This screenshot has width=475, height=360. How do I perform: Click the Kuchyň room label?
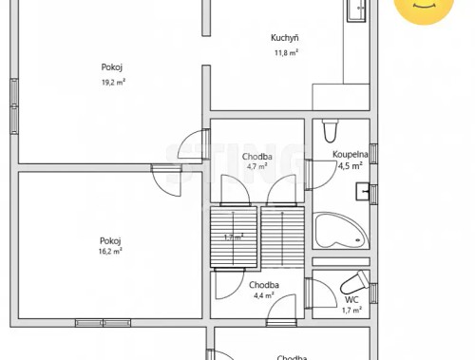(285, 38)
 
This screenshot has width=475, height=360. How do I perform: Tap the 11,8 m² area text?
(287, 53)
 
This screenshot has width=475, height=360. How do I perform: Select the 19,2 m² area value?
(114, 82)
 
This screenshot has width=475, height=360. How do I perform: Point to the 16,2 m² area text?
(110, 252)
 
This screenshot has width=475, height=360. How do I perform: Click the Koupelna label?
(351, 153)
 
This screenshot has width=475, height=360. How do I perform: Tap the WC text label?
(351, 298)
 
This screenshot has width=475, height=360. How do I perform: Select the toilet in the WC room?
(351, 282)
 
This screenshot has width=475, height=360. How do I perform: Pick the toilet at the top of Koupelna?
(330, 129)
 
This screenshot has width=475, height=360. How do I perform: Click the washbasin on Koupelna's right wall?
(364, 192)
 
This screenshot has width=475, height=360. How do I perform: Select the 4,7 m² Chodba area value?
(256, 166)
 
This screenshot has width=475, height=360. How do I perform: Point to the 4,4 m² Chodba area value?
(263, 295)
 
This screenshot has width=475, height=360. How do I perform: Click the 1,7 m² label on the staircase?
(234, 237)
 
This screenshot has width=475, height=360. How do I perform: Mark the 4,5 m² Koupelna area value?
(351, 165)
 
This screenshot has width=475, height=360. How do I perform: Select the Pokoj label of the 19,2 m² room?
(112, 66)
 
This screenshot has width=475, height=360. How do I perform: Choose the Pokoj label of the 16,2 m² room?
(110, 239)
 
